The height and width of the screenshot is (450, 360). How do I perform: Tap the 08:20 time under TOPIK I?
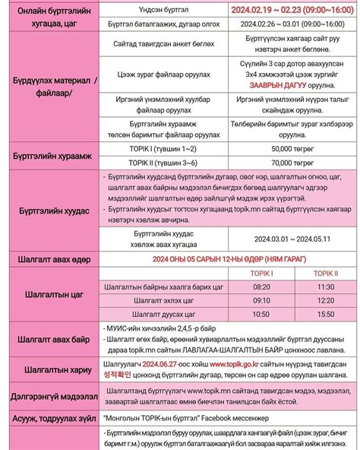tap(261, 287)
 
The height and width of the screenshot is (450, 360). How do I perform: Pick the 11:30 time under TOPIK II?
tap(326, 287)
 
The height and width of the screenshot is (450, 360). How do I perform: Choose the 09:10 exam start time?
tap(261, 300)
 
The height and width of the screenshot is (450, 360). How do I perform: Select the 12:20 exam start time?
tap(326, 300)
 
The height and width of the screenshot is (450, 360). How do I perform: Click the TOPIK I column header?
tap(261, 274)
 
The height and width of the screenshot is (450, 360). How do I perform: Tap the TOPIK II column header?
tap(326, 274)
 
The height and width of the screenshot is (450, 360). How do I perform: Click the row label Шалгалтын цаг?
tap(51, 293)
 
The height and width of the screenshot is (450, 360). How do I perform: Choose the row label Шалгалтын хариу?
tap(51, 369)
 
